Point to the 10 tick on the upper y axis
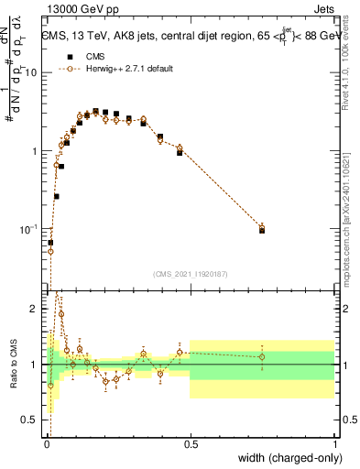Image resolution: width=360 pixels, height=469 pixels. tap(34, 73)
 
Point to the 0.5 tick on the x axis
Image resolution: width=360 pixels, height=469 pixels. tap(191, 444)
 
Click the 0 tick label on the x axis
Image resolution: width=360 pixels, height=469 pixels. tap(46, 444)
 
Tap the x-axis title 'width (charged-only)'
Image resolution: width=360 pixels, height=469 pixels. tap(289, 458)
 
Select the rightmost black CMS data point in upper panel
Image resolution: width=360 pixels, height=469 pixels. tap(262, 230)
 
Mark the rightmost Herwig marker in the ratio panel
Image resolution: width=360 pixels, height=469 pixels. tap(262, 357)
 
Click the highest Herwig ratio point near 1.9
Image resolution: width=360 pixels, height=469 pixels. tap(61, 314)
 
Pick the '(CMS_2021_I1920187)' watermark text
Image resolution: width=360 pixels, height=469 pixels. tap(191, 272)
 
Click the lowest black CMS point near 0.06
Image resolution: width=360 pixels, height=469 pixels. tap(50, 243)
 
